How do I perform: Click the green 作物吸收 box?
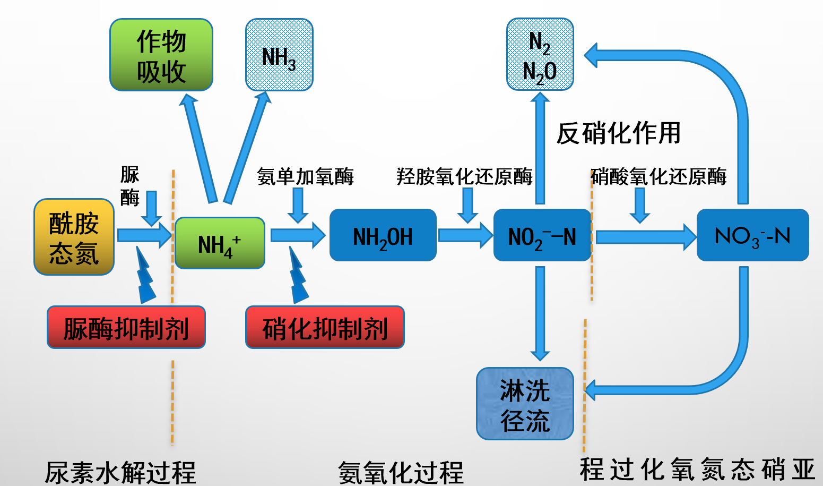coord(161,55)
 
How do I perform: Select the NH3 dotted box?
coord(279,55)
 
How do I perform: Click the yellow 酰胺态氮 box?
coord(74,237)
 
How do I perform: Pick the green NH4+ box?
coord(220,243)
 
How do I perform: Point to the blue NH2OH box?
coord(383,235)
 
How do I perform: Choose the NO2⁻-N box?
coord(542,235)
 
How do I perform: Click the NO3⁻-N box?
coord(752,235)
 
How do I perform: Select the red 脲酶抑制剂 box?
coord(126,327)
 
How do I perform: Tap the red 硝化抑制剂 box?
coord(325,327)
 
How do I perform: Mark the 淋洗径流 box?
coord(525,404)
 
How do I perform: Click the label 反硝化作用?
coord(618,133)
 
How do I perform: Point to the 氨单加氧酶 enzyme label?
coord(305,176)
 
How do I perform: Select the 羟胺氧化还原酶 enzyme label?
coord(464,176)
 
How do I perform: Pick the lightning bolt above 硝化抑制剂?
coord(298,276)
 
